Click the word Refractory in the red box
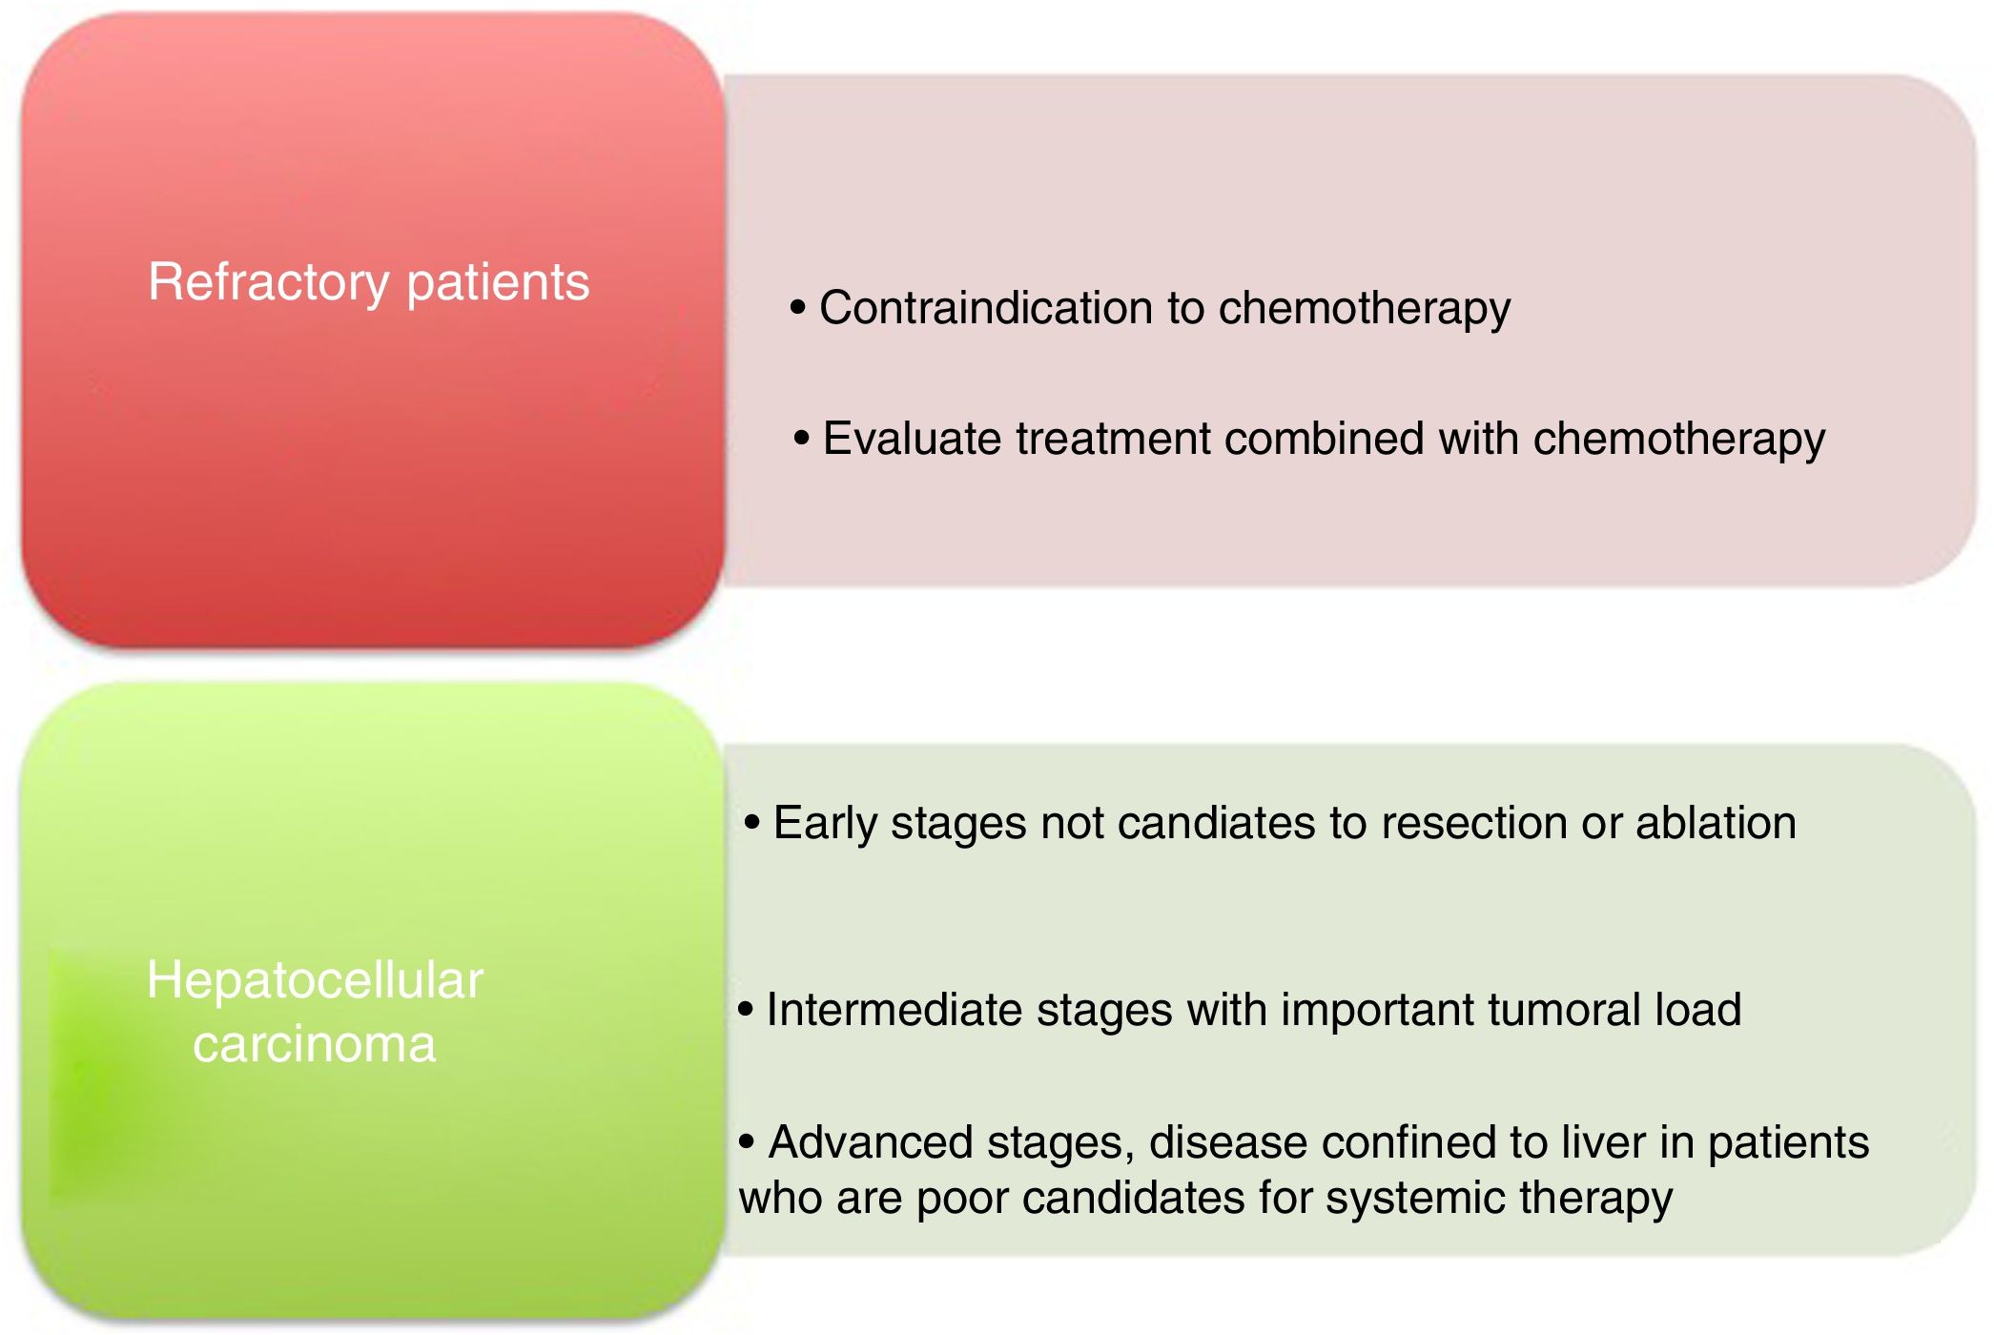[269, 283]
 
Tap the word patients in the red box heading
[498, 283]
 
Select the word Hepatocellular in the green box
[315, 981]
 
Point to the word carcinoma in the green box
[315, 1044]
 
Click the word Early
[824, 824]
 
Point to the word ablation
[1716, 823]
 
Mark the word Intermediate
[894, 1010]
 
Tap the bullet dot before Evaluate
[802, 439]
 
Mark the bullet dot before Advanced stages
[747, 1141]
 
